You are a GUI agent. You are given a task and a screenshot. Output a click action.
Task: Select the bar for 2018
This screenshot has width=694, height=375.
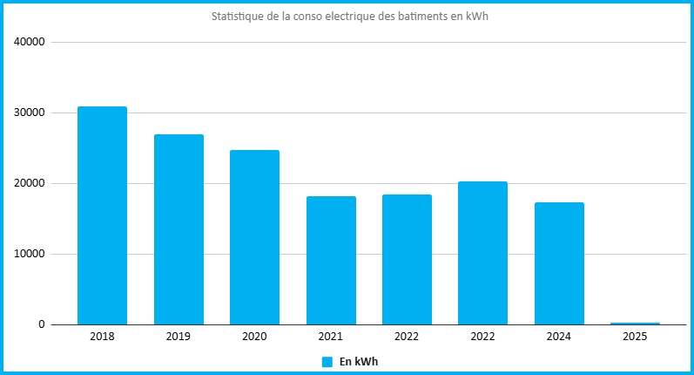102,215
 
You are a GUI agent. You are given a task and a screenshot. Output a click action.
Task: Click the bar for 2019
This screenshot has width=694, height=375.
179,229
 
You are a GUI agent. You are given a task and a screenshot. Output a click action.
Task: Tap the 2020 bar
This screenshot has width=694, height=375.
254,237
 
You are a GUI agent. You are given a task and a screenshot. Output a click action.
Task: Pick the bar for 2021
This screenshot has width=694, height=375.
331,260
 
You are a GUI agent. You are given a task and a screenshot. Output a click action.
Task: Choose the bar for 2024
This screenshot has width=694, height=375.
559,263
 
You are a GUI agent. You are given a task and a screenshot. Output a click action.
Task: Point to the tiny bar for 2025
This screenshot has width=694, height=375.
635,324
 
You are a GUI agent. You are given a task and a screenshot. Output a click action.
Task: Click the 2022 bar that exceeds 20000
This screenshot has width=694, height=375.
483,253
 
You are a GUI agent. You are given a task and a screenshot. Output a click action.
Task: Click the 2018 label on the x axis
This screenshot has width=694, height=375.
102,337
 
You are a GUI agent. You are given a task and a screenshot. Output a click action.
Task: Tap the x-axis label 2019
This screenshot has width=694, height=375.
179,337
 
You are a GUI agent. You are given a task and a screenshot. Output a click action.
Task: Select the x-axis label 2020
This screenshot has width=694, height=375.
254,337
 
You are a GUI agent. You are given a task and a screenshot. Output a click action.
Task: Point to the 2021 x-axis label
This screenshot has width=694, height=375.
331,337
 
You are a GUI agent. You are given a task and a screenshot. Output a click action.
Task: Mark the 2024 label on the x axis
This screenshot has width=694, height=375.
559,337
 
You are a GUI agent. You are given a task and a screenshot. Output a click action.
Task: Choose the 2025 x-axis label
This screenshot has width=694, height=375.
635,337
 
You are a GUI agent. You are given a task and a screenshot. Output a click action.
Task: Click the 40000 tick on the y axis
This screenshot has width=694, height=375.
30,42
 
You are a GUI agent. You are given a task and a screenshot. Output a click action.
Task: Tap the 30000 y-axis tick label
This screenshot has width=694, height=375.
30,112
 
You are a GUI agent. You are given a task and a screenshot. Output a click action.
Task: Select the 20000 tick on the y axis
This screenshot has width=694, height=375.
30,183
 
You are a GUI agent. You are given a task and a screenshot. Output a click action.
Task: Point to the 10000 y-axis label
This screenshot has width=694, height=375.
30,254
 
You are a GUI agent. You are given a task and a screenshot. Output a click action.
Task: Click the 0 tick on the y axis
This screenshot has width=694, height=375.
42,324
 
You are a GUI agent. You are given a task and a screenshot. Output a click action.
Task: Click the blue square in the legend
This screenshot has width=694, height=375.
327,362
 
